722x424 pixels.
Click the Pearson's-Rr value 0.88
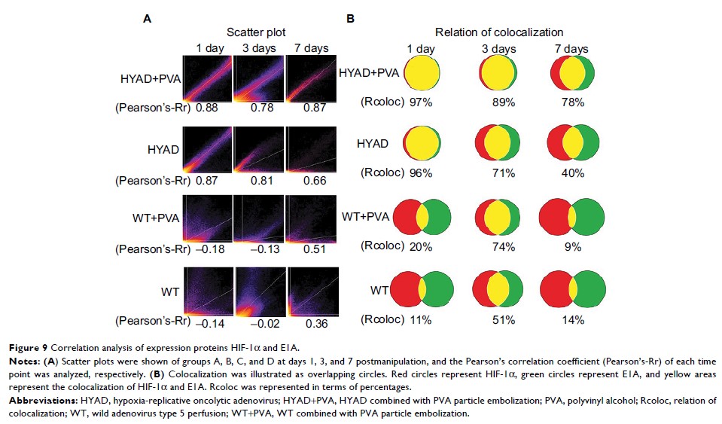point(206,108)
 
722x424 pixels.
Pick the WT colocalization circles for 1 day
point(422,290)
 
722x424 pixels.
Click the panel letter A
point(148,16)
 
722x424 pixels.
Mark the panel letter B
point(350,16)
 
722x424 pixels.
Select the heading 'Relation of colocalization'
point(499,32)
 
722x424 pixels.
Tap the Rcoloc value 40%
point(573,173)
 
